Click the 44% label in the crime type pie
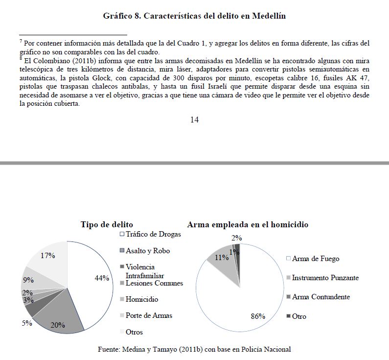click(x=102, y=278)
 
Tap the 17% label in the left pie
click(x=47, y=255)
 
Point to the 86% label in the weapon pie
click(x=258, y=316)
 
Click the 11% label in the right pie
click(x=222, y=257)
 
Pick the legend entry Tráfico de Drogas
click(x=153, y=234)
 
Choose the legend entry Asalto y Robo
click(x=148, y=251)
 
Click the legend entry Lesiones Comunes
click(x=154, y=283)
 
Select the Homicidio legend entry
click(x=142, y=299)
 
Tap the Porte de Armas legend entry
click(x=149, y=315)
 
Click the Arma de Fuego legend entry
click(x=315, y=259)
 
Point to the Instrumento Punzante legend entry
click(x=325, y=278)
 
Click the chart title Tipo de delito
click(x=107, y=224)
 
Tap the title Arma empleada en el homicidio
click(x=248, y=224)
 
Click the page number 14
click(x=194, y=120)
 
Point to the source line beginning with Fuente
click(x=195, y=349)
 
